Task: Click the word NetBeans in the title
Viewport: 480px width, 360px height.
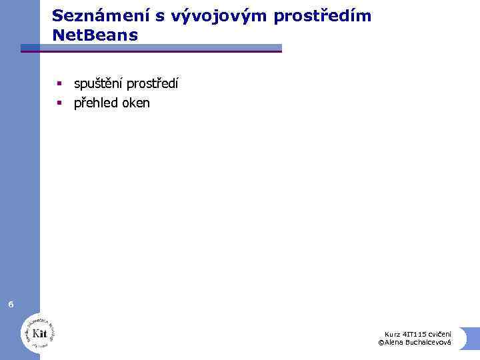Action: coord(95,35)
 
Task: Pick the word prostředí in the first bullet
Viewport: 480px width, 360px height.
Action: coord(152,85)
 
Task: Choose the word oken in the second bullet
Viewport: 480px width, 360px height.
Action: coord(137,103)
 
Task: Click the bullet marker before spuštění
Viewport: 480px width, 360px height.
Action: coord(59,84)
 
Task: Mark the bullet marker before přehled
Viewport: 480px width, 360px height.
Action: coord(59,102)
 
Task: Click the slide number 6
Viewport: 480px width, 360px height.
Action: coord(11,305)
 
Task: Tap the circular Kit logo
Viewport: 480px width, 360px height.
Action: coord(38,331)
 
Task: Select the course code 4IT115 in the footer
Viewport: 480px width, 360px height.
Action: coord(415,334)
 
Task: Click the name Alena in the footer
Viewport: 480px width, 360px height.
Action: coord(393,342)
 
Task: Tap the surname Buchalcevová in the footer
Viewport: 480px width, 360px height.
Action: coord(427,342)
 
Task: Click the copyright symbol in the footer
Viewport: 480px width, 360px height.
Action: coord(381,342)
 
